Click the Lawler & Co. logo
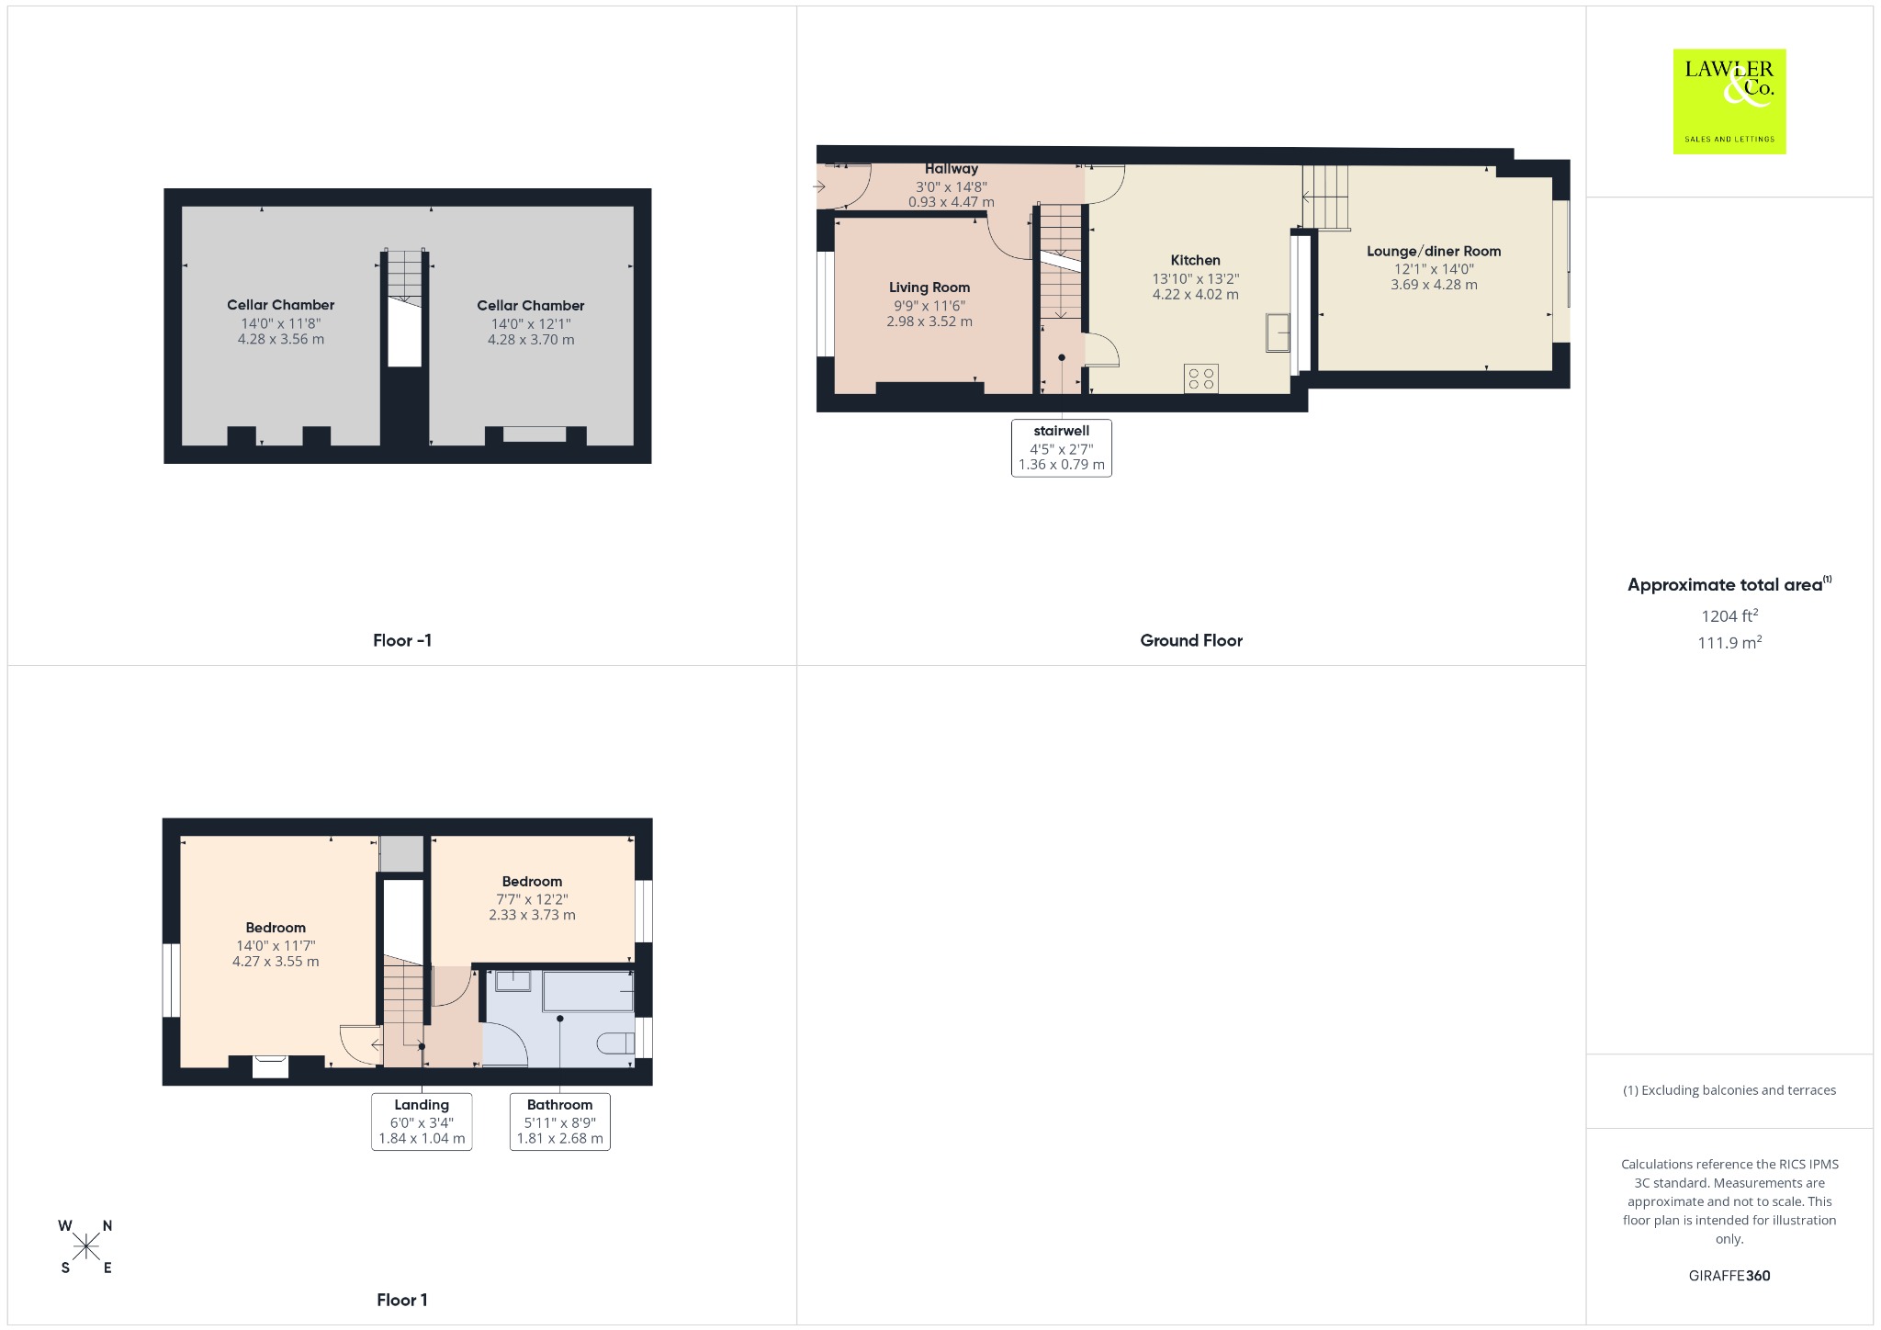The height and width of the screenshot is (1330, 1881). pos(1729,101)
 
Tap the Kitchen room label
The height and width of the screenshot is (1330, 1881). pos(1196,261)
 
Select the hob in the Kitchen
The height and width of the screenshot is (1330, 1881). pos(1201,378)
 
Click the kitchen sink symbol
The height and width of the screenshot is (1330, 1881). pos(1278,332)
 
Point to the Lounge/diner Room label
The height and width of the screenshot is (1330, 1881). pos(1434,252)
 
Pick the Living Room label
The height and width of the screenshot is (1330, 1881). pos(929,288)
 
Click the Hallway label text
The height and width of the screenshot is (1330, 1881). pos(952,169)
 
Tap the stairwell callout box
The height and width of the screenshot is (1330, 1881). pos(1062,448)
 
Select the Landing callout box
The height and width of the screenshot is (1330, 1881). pos(422,1121)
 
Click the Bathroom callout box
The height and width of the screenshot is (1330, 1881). pos(560,1121)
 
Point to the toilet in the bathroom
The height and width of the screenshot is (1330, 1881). pos(615,1043)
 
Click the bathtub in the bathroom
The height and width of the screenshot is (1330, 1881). pos(588,991)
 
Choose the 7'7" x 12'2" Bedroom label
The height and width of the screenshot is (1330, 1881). pos(533,898)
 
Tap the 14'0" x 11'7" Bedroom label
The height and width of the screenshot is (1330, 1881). pos(276,945)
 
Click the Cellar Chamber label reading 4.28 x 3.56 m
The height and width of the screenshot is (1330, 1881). pos(281,322)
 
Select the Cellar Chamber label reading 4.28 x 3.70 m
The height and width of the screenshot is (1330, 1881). pos(531,323)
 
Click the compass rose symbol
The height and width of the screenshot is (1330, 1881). pos(86,1246)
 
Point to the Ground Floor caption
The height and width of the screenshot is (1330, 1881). pos(1191,641)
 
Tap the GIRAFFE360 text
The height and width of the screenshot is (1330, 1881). pos(1729,1276)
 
